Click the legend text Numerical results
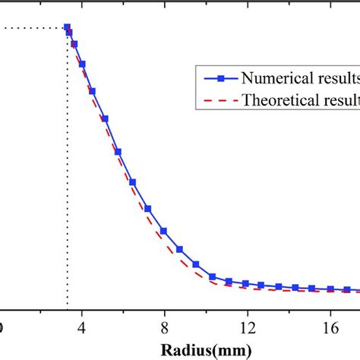[x=299, y=77]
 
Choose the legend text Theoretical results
[x=299, y=99]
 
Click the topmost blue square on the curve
[x=67, y=27]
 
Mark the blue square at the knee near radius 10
[x=213, y=277]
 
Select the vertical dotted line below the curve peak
[x=67, y=190]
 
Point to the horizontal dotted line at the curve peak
[x=34, y=28]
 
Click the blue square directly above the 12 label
[x=245, y=284]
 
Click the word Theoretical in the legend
[x=277, y=99]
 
